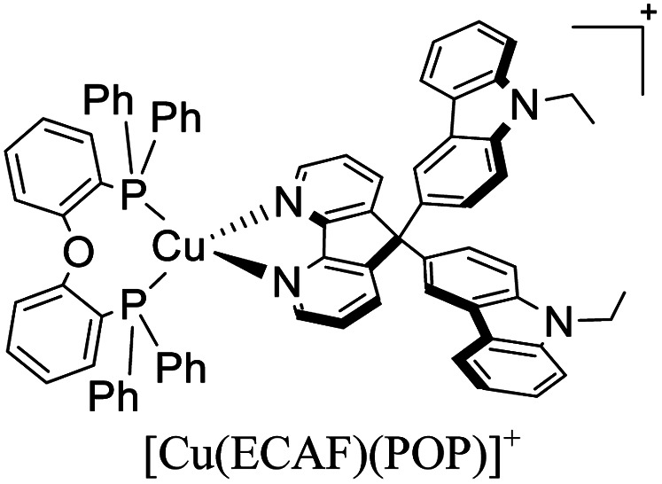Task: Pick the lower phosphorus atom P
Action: (x=134, y=307)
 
